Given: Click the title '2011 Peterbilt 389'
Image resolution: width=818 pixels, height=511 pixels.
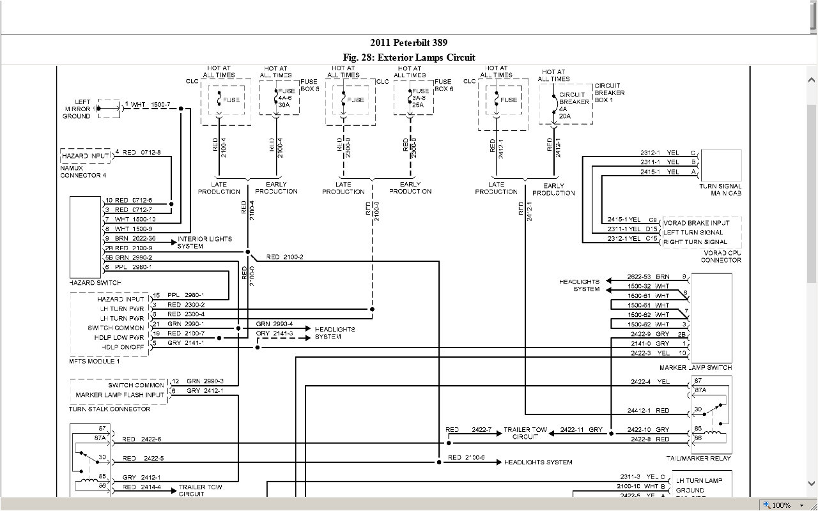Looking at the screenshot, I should (x=409, y=43).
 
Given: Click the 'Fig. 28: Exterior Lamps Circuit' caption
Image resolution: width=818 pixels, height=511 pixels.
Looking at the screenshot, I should (x=409, y=57).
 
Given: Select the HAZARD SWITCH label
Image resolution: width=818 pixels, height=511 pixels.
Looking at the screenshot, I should (x=95, y=282).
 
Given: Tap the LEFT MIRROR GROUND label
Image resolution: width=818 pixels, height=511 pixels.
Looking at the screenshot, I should (x=77, y=109).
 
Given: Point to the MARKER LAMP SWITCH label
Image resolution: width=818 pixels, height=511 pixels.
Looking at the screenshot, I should (x=696, y=368).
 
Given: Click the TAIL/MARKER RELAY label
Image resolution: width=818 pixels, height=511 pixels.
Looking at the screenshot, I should (x=698, y=458).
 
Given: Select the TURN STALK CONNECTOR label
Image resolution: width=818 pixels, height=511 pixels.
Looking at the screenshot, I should (x=110, y=409).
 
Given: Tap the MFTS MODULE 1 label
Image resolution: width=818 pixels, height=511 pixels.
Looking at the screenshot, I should (x=94, y=362).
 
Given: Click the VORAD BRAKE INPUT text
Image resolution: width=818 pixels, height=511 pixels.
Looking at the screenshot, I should (x=696, y=223).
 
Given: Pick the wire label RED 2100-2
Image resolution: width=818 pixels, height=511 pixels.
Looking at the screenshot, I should (x=284, y=257).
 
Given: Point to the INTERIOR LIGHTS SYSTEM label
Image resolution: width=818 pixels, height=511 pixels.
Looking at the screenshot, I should (x=204, y=242).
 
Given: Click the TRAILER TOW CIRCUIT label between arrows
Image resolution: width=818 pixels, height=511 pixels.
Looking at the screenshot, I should (x=526, y=433).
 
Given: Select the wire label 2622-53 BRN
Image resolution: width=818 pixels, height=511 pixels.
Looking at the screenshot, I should (x=649, y=277).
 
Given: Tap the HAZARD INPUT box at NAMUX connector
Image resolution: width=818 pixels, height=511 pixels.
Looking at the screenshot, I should (x=84, y=156).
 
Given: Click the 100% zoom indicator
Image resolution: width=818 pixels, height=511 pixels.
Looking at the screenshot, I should (x=780, y=505).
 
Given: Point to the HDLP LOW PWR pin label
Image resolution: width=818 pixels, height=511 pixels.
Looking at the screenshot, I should (x=120, y=337).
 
